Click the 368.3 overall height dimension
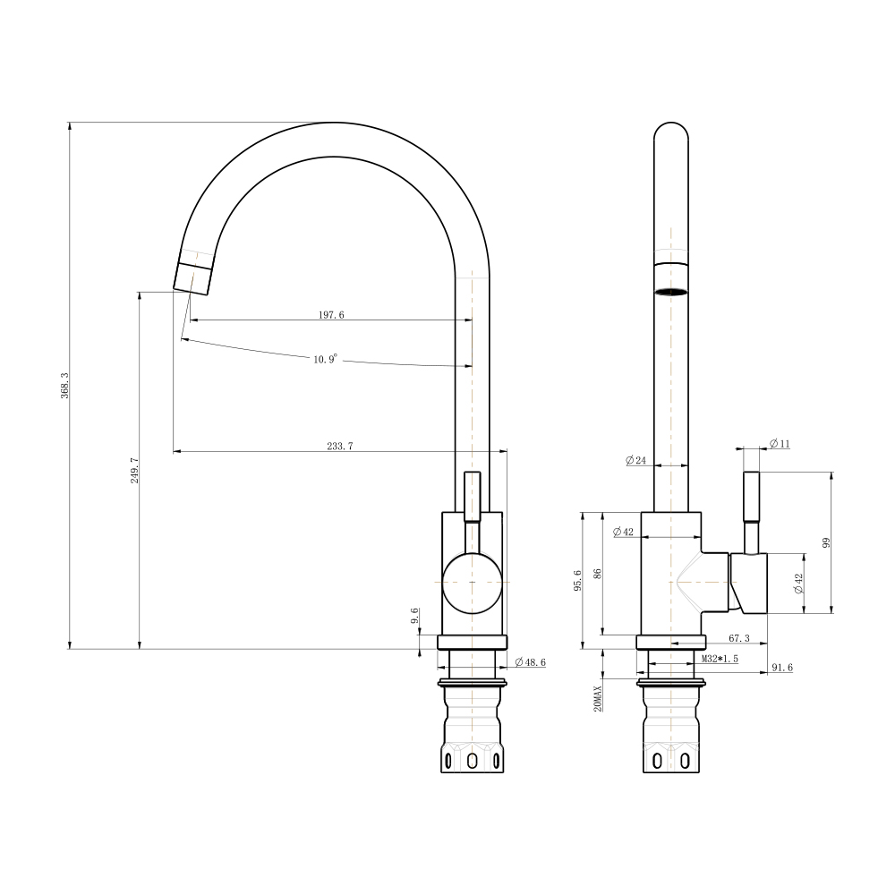(x=65, y=385)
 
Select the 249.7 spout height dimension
(x=135, y=471)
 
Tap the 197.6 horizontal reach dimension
(x=331, y=314)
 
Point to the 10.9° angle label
(x=326, y=359)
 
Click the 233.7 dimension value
(x=339, y=447)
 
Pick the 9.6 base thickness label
(x=415, y=616)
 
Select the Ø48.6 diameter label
(x=530, y=662)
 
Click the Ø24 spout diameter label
(x=635, y=460)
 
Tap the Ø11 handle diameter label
(x=780, y=444)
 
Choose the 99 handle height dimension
(x=826, y=543)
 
